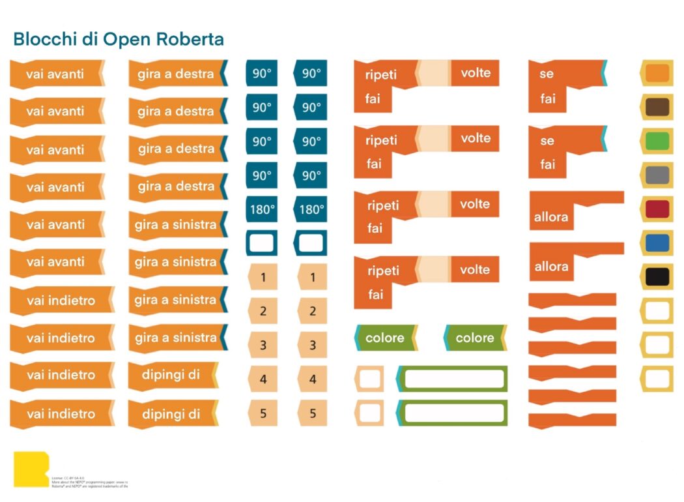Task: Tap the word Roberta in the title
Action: coord(190,39)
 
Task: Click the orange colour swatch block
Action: coord(657,73)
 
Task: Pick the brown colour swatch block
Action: coord(657,107)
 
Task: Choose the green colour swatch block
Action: coord(657,141)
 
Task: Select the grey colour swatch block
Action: coord(657,175)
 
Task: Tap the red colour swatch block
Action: coord(657,209)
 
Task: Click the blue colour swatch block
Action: coord(657,243)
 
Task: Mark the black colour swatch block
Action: coord(657,276)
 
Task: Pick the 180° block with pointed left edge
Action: coord(311,209)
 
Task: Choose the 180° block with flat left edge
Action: coord(261,209)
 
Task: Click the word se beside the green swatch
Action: coord(547,141)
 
